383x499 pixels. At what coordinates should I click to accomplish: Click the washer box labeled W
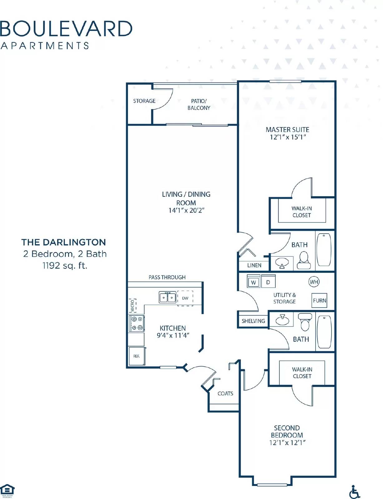(x=253, y=282)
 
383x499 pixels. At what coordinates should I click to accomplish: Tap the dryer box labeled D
(x=268, y=282)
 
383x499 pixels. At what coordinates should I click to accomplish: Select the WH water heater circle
(x=314, y=282)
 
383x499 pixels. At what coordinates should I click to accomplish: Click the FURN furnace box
(x=319, y=300)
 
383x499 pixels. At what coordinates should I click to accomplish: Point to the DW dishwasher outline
(x=185, y=298)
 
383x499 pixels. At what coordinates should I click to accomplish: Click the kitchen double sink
(x=168, y=297)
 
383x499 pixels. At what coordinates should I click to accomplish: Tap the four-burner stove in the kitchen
(x=137, y=323)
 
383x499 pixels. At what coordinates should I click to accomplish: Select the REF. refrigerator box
(x=137, y=356)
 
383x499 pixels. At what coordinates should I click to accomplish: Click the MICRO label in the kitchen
(x=133, y=305)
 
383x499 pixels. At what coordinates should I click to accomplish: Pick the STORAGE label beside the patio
(x=144, y=101)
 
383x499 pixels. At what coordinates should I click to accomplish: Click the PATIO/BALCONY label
(x=199, y=104)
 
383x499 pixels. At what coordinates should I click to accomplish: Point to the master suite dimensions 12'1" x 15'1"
(x=287, y=137)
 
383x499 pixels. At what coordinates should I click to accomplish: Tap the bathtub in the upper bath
(x=324, y=249)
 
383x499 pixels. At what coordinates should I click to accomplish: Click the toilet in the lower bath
(x=305, y=322)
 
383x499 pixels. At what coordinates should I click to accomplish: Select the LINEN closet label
(x=254, y=265)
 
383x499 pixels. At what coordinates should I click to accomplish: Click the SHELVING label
(x=253, y=321)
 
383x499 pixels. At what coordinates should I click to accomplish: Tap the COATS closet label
(x=225, y=393)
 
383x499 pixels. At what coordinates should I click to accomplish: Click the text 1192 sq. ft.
(x=65, y=265)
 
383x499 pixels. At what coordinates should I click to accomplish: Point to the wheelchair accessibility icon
(x=354, y=492)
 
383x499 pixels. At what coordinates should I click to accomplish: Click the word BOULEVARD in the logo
(x=66, y=29)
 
